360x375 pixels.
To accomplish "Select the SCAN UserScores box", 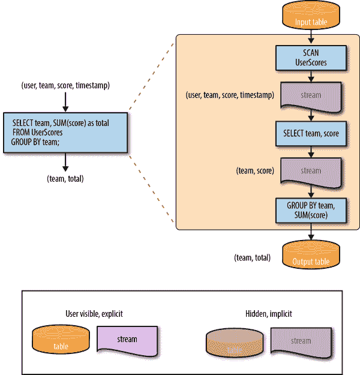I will click(311, 58).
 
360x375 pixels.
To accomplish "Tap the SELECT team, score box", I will click(311, 133).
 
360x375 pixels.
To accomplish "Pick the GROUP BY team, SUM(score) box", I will click(311, 210).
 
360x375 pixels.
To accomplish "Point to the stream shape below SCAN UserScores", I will click(311, 96).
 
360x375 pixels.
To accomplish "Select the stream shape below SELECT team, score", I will click(311, 172).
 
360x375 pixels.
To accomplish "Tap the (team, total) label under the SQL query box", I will click(65, 179).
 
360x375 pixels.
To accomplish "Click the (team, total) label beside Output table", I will click(252, 258).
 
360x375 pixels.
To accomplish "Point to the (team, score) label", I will click(256, 171).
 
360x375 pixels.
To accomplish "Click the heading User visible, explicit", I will click(94, 314).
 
